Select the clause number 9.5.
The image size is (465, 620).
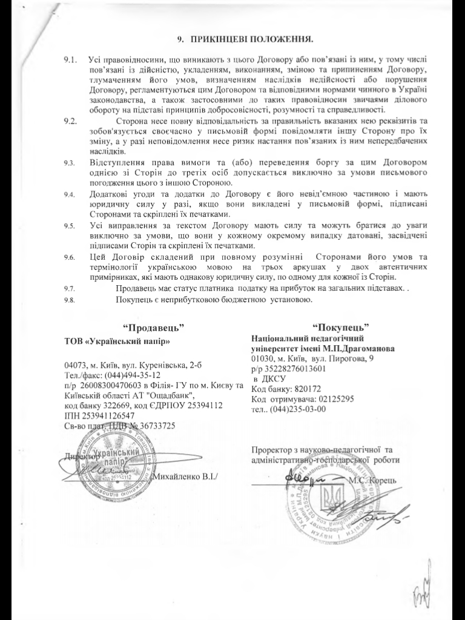click(69, 225)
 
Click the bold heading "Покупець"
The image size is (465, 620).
click(341, 328)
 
